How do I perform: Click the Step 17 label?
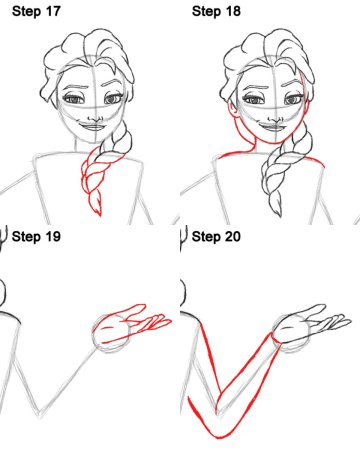point(36,11)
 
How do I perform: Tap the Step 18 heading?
point(216,11)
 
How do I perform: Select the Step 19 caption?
point(36,236)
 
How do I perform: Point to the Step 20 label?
point(216,236)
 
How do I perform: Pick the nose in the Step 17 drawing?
point(95,117)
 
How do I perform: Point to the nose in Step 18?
point(275,117)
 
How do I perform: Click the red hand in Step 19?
point(132,324)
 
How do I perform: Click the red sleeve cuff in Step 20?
point(276,340)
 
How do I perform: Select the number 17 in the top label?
point(52,11)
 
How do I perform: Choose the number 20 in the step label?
point(232,236)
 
